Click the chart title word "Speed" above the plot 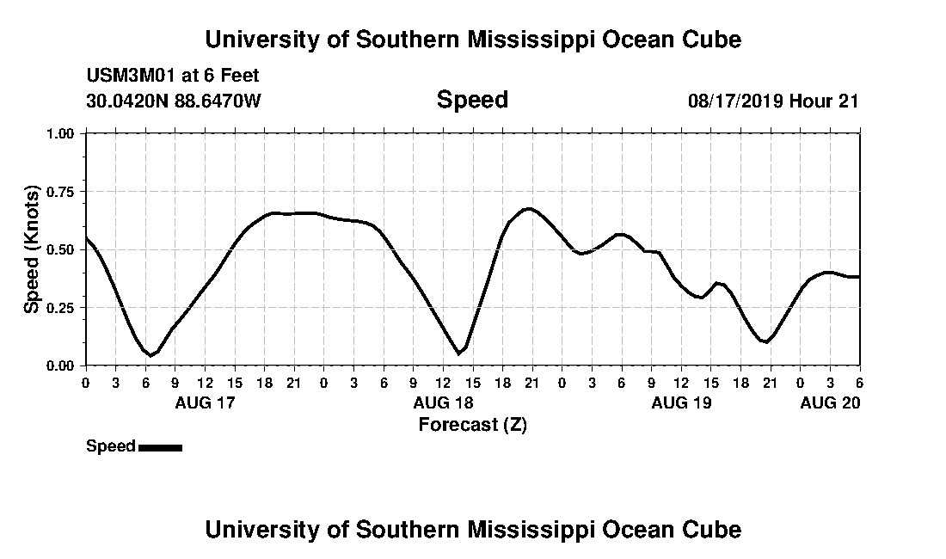coord(472,100)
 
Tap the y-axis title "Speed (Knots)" coord(32,249)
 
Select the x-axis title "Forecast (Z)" coord(472,425)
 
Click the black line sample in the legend coord(160,447)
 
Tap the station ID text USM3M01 coord(126,76)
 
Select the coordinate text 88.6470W coord(218,101)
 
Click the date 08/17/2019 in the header coord(734,101)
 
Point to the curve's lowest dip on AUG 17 coord(150,355)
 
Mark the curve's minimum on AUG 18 coord(458,353)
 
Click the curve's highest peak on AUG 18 coord(528,208)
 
